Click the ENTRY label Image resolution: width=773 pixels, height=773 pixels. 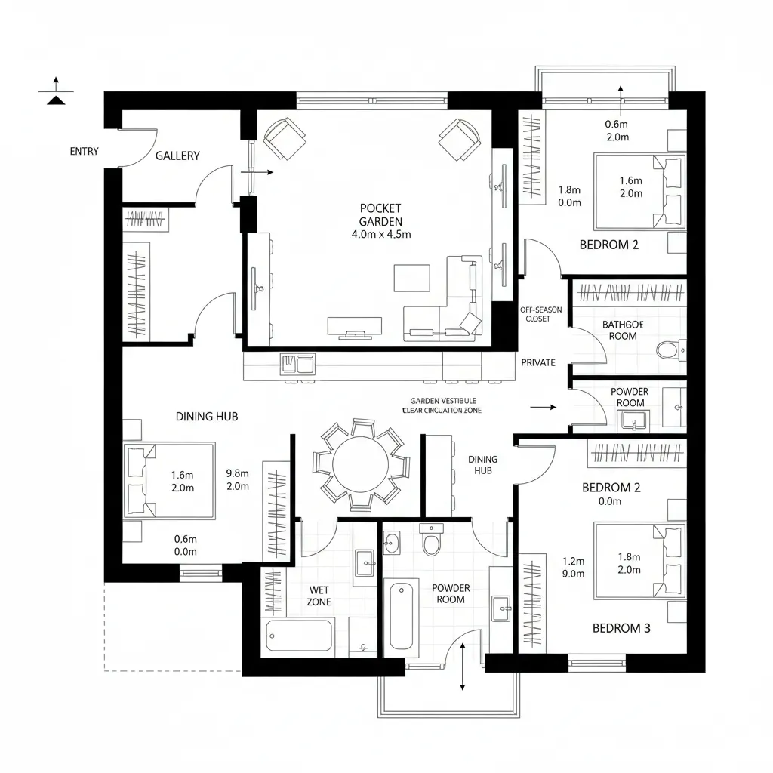pos(84,151)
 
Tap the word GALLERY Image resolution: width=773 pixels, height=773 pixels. pos(177,156)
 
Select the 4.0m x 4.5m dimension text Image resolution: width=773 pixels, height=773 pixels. pos(381,234)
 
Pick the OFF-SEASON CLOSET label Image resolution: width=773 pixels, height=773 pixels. pos(535,314)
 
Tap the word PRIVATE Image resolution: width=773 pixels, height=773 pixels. pos(538,362)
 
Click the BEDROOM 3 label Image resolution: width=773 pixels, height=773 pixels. pos(621,627)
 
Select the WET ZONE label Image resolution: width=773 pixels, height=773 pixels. pos(319,596)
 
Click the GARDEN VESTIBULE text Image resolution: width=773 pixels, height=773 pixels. pos(443,402)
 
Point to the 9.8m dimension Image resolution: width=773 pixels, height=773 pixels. pos(237,474)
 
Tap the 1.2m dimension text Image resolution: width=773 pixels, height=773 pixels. pos(574,561)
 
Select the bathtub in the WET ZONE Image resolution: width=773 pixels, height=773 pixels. pos(300,636)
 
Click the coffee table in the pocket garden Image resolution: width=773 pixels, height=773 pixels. pos(411,277)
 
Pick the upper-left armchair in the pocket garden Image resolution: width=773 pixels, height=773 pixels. pos(285,139)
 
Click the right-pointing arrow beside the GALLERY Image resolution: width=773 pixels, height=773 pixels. pos(260,172)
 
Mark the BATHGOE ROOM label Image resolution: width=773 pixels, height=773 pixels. pos(623,330)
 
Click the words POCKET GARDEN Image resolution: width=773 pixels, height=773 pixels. pos(381,214)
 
